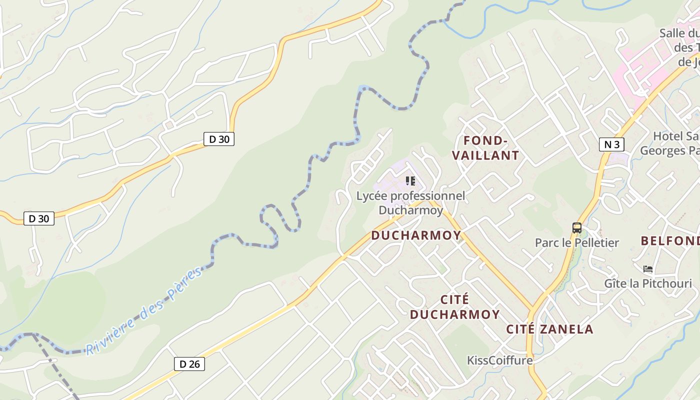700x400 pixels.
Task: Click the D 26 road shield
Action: tap(189, 364)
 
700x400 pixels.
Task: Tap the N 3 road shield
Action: tap(611, 144)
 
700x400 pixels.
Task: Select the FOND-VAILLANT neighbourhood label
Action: tap(485, 147)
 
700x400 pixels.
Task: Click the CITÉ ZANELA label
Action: tap(549, 329)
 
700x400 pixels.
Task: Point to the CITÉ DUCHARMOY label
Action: tap(454, 306)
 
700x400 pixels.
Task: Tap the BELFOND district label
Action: tap(670, 240)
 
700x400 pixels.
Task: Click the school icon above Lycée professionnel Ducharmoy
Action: tap(410, 180)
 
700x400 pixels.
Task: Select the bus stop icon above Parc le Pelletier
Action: tap(577, 228)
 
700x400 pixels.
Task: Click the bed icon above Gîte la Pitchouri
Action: tap(648, 269)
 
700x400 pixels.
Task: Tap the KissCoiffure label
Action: tap(499, 360)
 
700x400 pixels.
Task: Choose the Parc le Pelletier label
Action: tap(576, 243)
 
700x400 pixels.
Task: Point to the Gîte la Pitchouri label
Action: tap(648, 283)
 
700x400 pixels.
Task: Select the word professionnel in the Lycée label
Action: tap(427, 196)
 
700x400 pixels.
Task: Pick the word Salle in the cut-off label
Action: tap(673, 33)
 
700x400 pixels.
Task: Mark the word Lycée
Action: tap(371, 196)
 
